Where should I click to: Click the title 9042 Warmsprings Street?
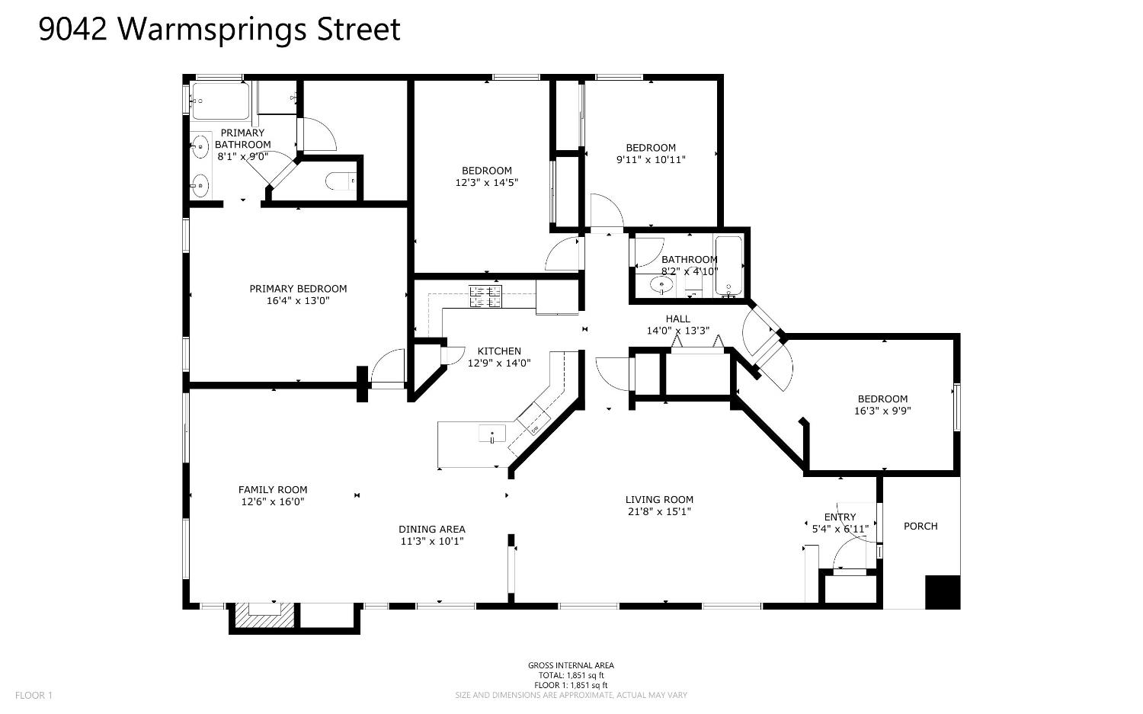pyautogui.click(x=219, y=30)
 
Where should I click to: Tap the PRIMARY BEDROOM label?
pyautogui.click(x=298, y=289)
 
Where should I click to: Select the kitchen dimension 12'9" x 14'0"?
pyautogui.click(x=499, y=363)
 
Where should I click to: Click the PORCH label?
pyautogui.click(x=920, y=527)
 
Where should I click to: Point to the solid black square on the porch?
pyautogui.click(x=943, y=592)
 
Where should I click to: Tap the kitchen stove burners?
pyautogui.click(x=485, y=296)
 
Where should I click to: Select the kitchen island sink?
pyautogui.click(x=492, y=434)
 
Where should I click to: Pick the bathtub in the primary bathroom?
pyautogui.click(x=220, y=101)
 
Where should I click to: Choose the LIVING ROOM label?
pyautogui.click(x=659, y=500)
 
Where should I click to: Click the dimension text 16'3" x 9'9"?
pyautogui.click(x=882, y=411)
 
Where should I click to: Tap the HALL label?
pyautogui.click(x=677, y=319)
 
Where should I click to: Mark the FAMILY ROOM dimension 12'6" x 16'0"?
pyautogui.click(x=273, y=501)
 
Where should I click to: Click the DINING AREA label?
pyautogui.click(x=432, y=530)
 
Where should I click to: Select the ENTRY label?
pyautogui.click(x=840, y=517)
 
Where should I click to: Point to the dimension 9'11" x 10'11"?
pyautogui.click(x=651, y=160)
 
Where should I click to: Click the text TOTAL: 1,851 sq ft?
pyautogui.click(x=571, y=675)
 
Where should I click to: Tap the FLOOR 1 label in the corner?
pyautogui.click(x=34, y=695)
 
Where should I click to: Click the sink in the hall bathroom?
pyautogui.click(x=662, y=285)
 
